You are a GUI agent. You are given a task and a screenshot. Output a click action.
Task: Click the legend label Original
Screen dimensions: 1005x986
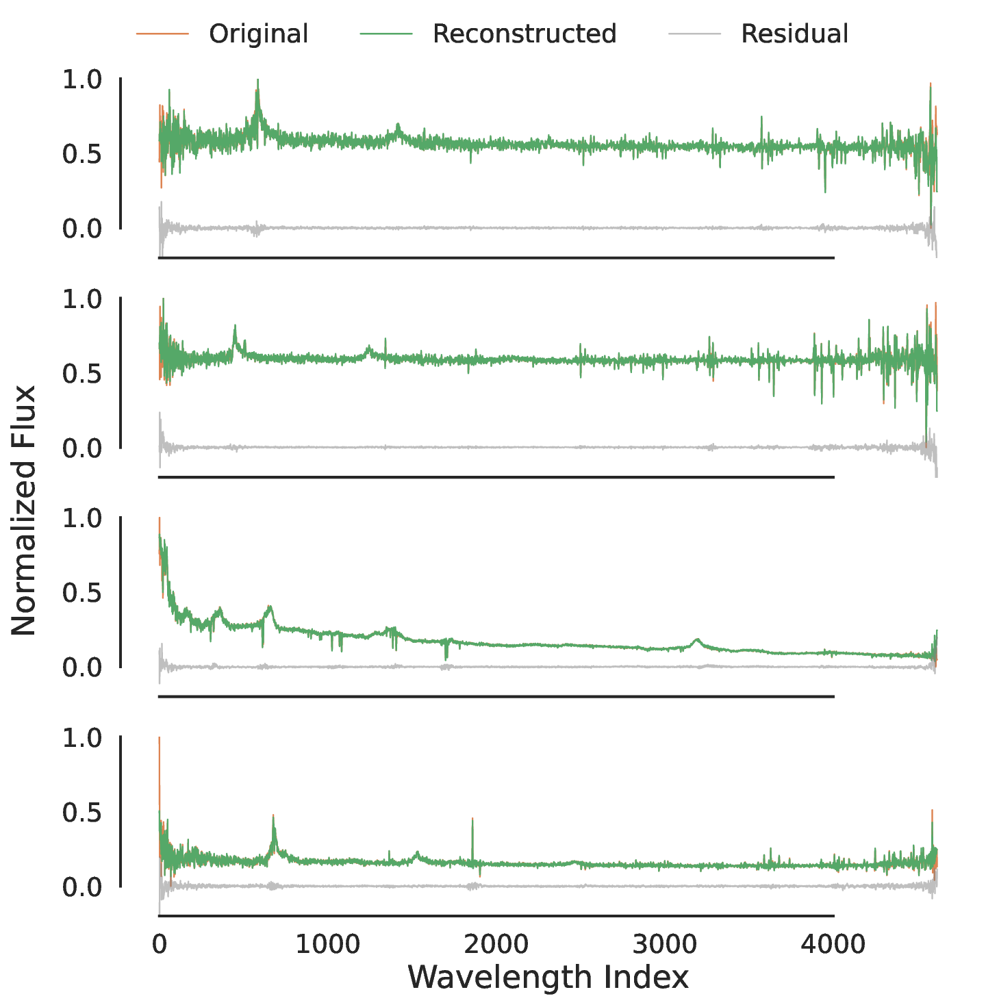pyautogui.click(x=258, y=34)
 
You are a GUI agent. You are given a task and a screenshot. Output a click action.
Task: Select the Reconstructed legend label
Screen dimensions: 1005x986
pyautogui.click(x=524, y=34)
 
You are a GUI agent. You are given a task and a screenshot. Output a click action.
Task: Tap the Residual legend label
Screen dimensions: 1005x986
pyautogui.click(x=794, y=34)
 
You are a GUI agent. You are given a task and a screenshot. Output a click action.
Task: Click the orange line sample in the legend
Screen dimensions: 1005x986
pyautogui.click(x=162, y=34)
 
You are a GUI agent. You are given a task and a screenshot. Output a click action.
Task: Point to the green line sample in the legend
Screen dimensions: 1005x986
pyautogui.click(x=386, y=34)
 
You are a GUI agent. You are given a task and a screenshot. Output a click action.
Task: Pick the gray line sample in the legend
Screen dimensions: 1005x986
pyautogui.click(x=694, y=34)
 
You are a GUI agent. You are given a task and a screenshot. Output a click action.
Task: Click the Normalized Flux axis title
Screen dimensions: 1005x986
pyautogui.click(x=24, y=510)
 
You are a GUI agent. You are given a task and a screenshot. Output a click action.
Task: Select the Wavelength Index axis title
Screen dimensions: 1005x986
pyautogui.click(x=548, y=977)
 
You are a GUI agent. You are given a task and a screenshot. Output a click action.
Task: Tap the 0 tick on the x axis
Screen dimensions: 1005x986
pyautogui.click(x=160, y=945)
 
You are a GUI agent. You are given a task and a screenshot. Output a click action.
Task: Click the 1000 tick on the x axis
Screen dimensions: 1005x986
pyautogui.click(x=327, y=945)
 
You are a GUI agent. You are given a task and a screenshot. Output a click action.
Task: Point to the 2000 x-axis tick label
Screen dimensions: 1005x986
pyautogui.click(x=496, y=945)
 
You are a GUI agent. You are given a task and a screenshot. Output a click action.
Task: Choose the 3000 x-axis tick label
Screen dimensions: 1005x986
pyautogui.click(x=664, y=945)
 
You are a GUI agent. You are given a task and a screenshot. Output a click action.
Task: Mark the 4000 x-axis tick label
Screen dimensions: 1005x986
pyautogui.click(x=833, y=945)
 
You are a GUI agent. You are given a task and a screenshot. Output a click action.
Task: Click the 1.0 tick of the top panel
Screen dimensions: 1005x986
pyautogui.click(x=81, y=80)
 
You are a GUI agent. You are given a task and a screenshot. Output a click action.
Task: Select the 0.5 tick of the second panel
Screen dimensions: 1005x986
pyautogui.click(x=81, y=374)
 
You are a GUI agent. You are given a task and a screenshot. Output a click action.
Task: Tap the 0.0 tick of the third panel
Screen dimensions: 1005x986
pyautogui.click(x=81, y=667)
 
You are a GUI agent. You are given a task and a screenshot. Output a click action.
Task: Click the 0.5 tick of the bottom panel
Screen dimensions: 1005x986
pyautogui.click(x=81, y=813)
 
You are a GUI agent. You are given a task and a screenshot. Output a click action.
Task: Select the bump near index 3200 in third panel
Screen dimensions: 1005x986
pyautogui.click(x=697, y=641)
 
